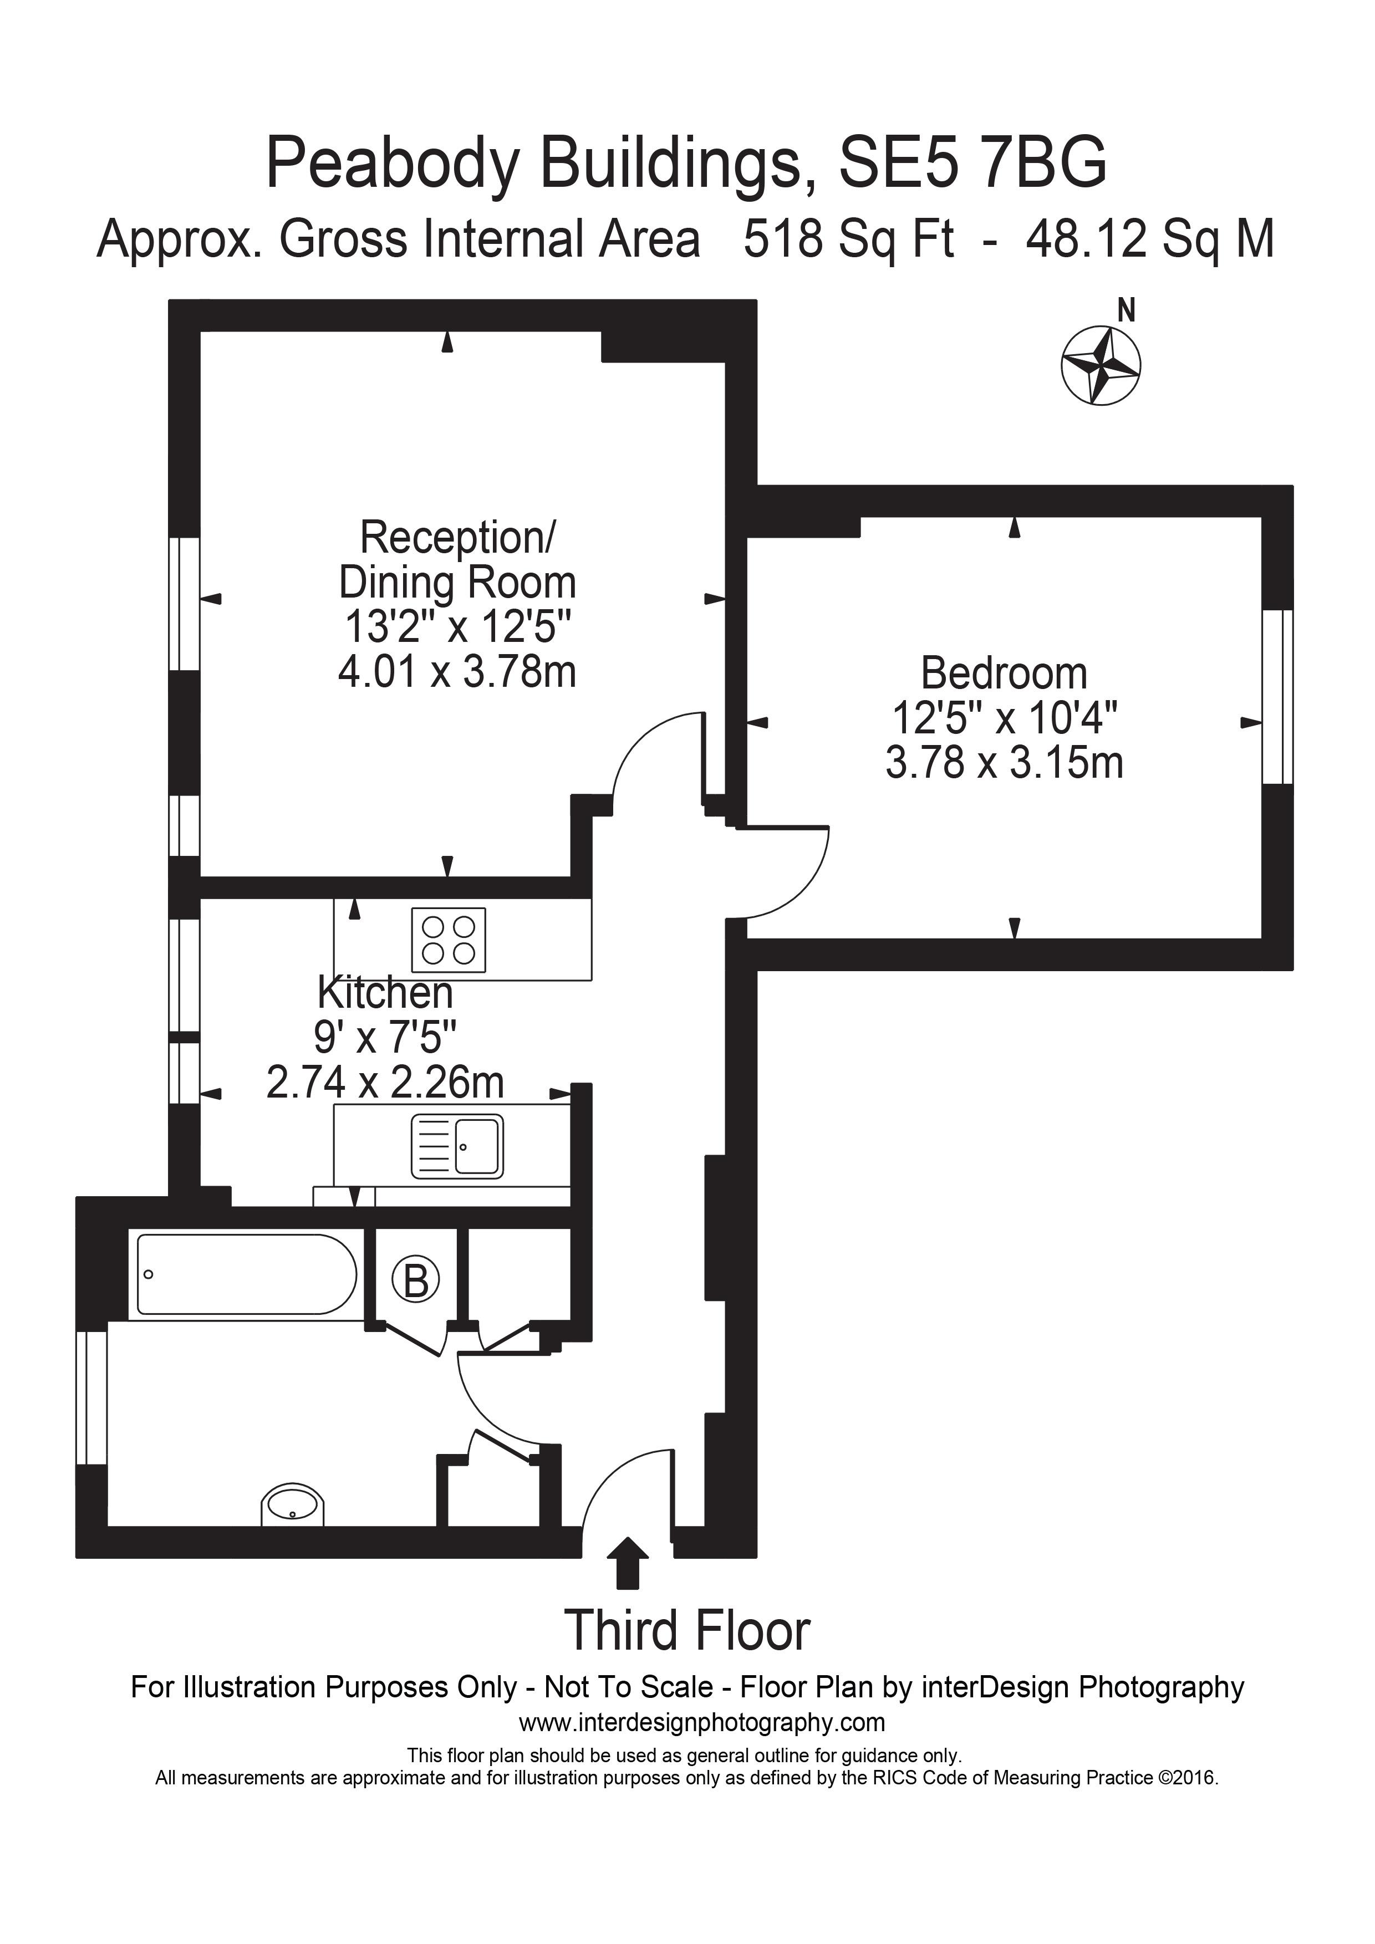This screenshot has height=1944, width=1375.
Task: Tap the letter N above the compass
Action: pyautogui.click(x=1126, y=312)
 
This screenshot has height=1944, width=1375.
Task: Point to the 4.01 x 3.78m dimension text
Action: pyautogui.click(x=457, y=673)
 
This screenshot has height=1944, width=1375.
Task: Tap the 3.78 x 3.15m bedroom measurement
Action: pyautogui.click(x=1004, y=763)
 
